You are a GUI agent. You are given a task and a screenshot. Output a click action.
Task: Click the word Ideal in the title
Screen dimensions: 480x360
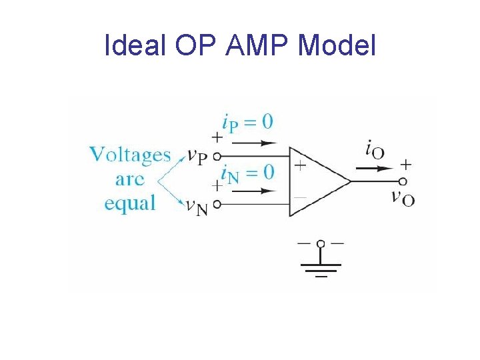tap(135, 45)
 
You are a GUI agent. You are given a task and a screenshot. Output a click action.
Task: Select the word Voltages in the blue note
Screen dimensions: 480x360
tap(131, 155)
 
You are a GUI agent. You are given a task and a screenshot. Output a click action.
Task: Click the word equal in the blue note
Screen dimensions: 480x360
tap(130, 202)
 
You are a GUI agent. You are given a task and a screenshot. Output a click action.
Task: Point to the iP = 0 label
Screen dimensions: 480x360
tap(247, 122)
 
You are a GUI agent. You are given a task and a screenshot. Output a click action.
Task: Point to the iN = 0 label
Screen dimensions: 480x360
tap(247, 173)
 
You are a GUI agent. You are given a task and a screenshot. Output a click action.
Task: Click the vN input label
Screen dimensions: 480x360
tap(197, 207)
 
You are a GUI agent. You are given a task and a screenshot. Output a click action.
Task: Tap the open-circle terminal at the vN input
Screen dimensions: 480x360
tap(216, 205)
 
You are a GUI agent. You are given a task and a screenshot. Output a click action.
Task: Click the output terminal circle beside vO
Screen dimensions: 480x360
tap(403, 181)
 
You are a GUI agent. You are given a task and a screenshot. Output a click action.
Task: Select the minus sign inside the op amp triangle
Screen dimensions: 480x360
tap(301, 197)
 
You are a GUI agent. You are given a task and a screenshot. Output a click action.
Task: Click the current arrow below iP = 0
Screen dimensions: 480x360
tap(256, 142)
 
